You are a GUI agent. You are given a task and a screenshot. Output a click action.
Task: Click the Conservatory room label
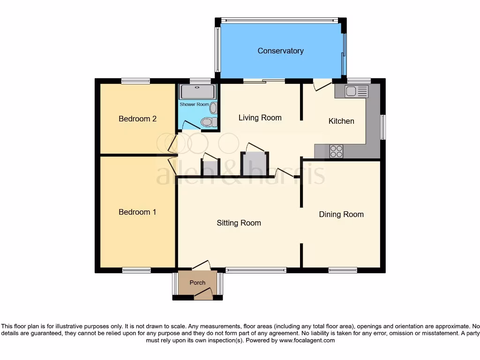280,51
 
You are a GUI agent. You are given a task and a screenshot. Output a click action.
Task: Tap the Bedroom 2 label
137,119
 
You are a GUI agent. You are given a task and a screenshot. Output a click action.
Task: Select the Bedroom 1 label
137,212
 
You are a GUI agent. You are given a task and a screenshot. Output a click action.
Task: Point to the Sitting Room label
239,223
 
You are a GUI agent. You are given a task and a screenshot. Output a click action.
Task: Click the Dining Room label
341,214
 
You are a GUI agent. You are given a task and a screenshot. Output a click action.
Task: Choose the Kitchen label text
341,121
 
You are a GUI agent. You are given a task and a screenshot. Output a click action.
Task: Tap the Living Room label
260,117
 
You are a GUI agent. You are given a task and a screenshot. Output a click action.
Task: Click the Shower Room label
194,104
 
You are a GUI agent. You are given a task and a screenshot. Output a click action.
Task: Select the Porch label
197,283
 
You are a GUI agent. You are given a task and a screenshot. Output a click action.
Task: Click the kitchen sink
357,91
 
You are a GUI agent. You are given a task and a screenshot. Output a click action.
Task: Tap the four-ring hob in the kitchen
336,151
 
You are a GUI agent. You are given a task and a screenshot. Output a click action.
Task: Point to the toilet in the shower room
207,123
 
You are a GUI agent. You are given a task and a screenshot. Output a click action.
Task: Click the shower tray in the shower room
197,91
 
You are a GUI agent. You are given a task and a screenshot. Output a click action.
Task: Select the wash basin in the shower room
214,108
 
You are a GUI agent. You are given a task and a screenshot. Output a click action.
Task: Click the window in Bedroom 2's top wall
135,81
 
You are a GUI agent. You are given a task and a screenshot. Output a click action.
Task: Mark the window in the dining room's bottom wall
343,270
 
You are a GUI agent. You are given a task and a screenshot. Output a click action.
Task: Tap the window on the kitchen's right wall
383,127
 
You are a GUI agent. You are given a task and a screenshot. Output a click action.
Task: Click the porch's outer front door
203,294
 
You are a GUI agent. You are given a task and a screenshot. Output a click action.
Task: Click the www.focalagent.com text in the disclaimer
307,340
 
